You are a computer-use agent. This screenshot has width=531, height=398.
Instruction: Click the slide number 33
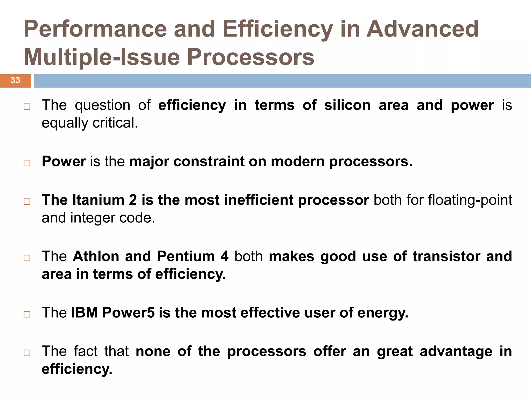tap(15, 80)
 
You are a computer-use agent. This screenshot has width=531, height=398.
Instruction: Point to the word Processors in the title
tap(250, 57)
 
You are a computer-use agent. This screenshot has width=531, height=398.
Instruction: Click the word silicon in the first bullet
tap(347, 105)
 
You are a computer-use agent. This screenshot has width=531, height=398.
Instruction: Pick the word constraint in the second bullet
tap(209, 161)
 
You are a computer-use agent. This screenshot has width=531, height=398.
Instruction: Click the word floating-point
tap(470, 200)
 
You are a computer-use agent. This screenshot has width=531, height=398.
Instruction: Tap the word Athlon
tap(96, 256)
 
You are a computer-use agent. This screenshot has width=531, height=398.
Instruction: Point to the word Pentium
tap(186, 256)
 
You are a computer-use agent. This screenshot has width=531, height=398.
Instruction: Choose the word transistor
tap(446, 256)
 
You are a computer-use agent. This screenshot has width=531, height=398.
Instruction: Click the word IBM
tap(85, 312)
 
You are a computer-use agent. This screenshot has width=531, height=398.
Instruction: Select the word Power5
tap(129, 312)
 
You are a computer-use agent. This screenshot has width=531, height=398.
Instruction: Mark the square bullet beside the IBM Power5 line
tap(27, 314)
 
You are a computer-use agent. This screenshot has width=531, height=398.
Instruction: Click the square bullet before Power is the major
tap(27, 163)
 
